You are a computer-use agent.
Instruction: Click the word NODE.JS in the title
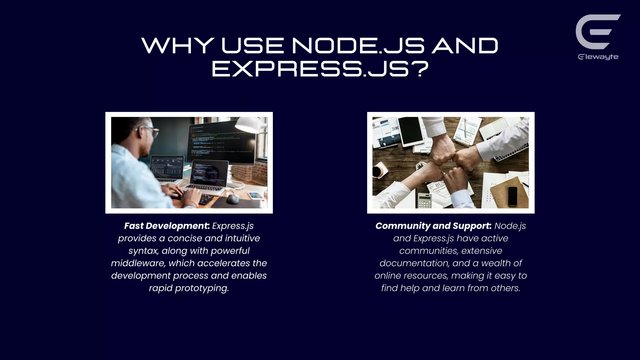[358, 46]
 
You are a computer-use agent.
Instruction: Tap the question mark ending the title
[419, 69]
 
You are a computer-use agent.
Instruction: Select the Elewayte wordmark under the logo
[598, 57]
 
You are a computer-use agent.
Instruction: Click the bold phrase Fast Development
[167, 226]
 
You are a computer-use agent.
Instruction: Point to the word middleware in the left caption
[138, 263]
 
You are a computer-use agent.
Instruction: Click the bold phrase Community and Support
[433, 226]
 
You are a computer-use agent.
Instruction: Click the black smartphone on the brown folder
[512, 196]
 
